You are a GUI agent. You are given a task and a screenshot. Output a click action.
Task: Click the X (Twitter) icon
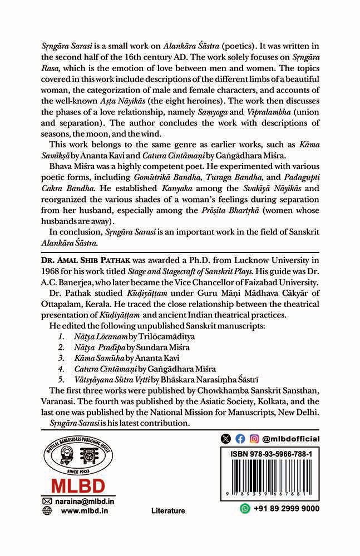[225, 439]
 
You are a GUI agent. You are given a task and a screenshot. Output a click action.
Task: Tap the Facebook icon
[240, 439]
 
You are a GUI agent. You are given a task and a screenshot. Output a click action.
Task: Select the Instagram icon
[254, 439]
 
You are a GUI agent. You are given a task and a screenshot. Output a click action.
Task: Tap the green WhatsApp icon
[245, 508]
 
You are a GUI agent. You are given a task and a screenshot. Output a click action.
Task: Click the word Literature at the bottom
[167, 510]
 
